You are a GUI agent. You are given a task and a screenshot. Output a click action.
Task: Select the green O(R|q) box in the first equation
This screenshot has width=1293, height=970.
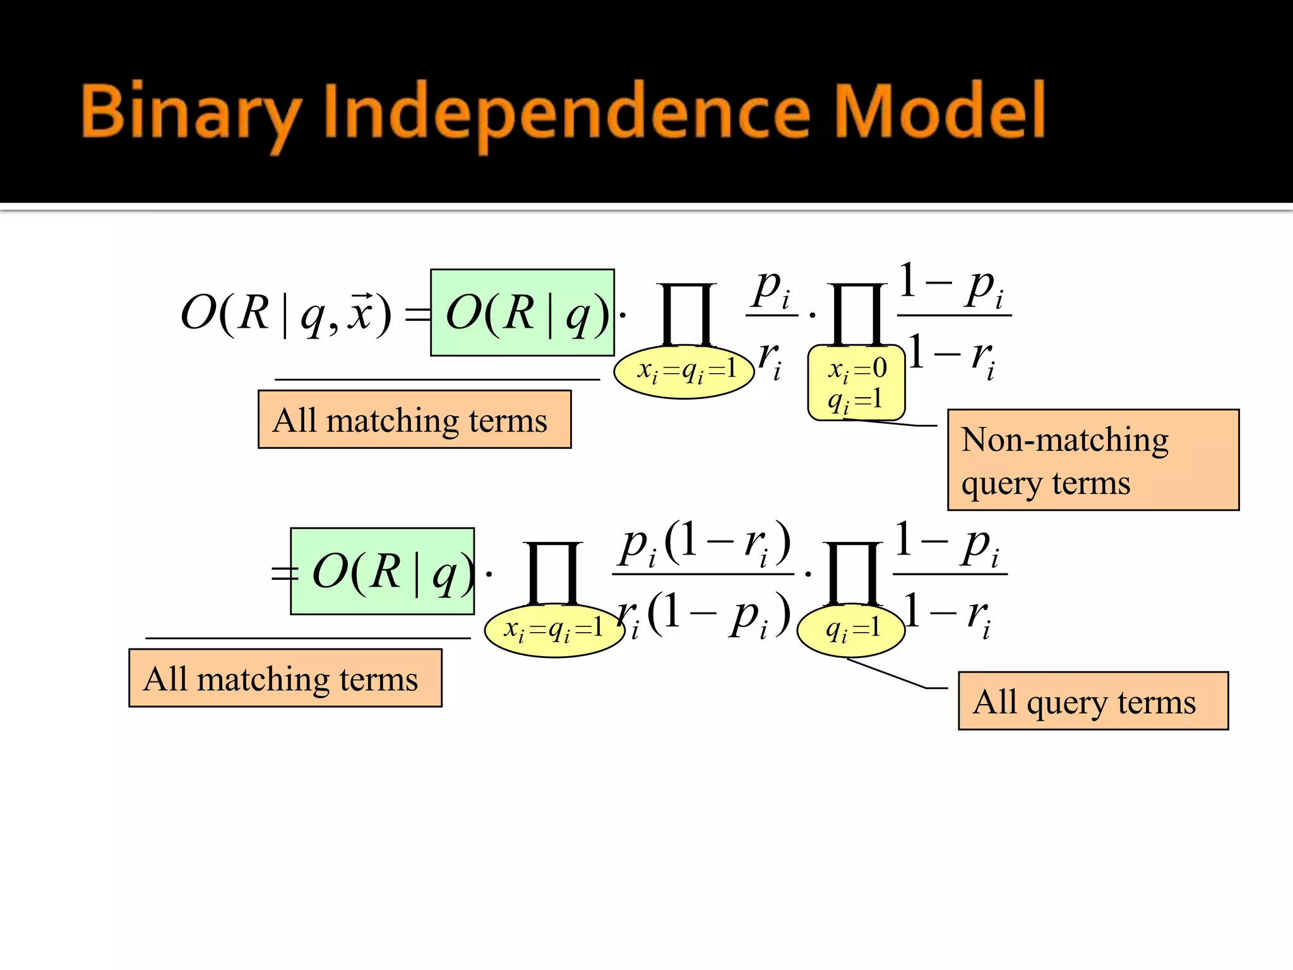point(522,313)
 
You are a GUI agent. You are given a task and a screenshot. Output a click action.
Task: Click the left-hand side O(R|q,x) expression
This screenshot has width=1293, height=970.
point(285,313)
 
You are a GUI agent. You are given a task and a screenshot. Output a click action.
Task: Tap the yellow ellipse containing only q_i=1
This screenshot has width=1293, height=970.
point(852,630)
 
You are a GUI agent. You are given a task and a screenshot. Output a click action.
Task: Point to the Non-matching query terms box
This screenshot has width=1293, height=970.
point(1093,460)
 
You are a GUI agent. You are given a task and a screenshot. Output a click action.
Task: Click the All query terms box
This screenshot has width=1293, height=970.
point(1093,701)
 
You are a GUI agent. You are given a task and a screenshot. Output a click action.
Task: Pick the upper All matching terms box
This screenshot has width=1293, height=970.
point(414,420)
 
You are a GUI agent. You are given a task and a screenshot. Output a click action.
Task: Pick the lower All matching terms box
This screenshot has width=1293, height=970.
point(285,679)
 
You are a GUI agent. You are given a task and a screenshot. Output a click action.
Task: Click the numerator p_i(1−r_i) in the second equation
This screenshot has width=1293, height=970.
point(703,544)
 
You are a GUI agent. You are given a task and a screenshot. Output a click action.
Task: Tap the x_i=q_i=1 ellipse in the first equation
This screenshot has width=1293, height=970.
point(684,371)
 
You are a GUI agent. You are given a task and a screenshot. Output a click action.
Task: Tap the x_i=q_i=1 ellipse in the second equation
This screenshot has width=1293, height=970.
point(554,630)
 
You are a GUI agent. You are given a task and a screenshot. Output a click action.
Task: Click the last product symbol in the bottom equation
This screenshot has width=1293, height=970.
point(852,573)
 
